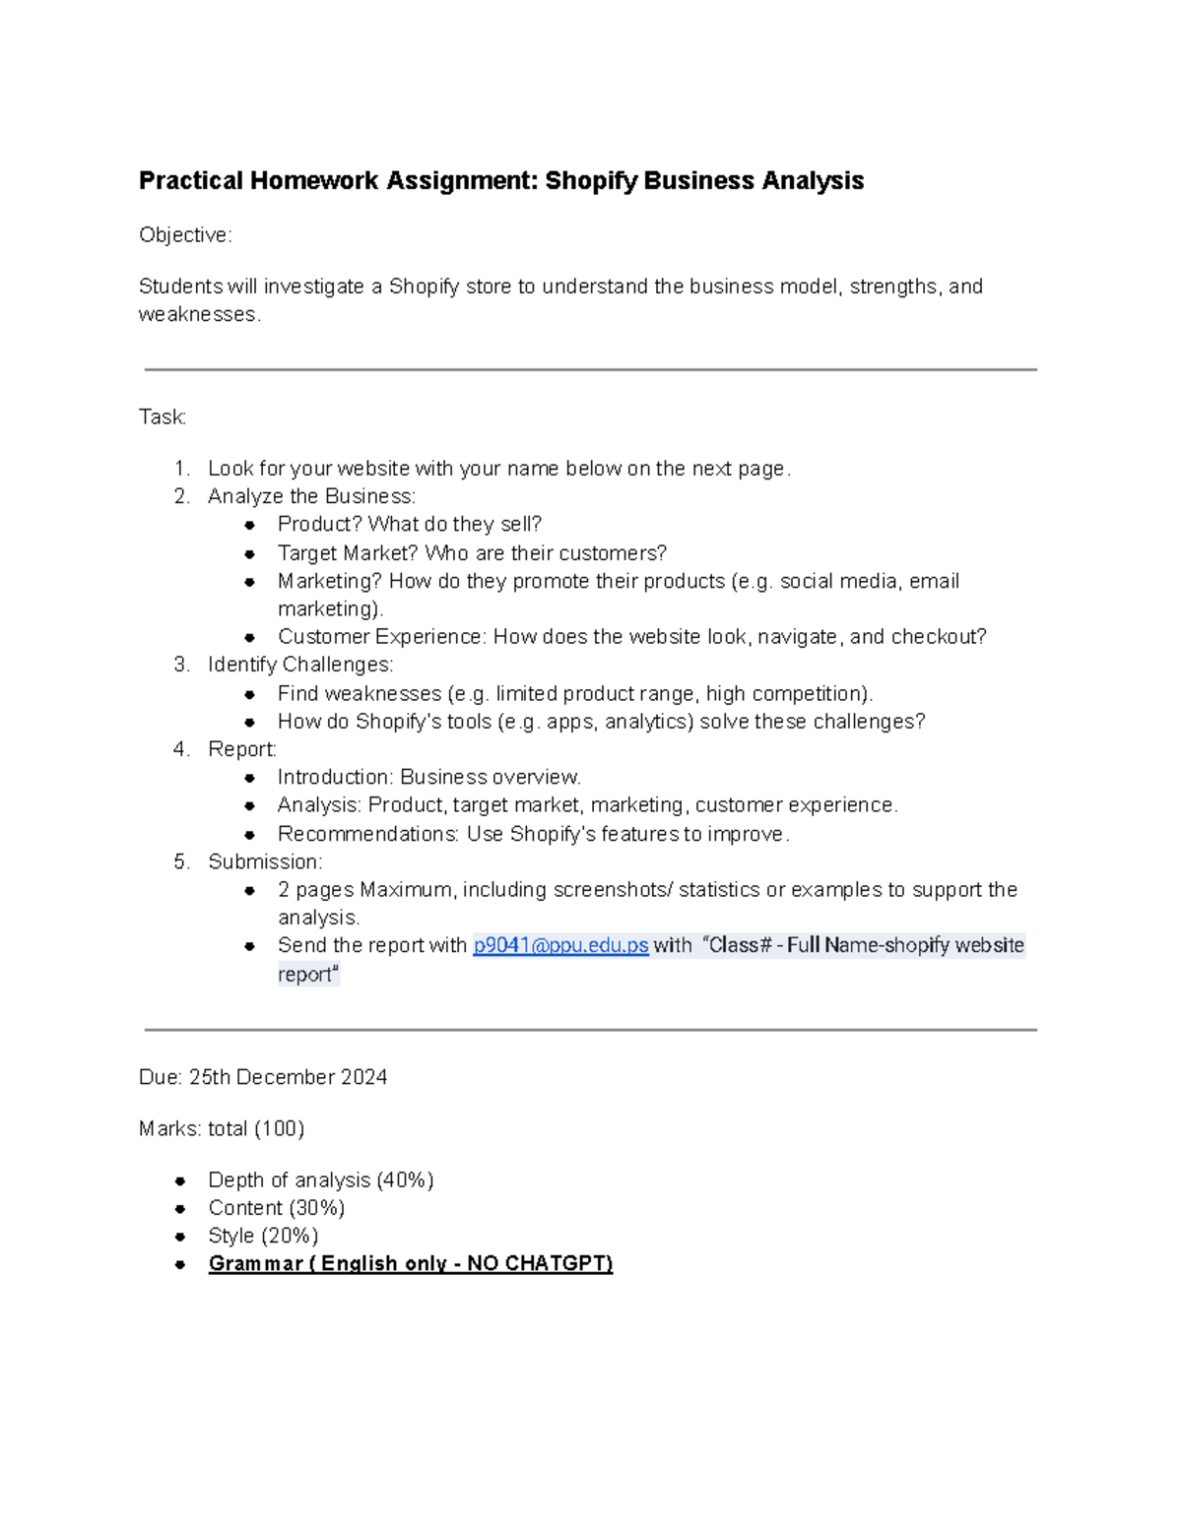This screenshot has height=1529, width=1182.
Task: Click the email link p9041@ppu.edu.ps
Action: point(559,945)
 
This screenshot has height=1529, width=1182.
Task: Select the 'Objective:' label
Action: point(185,235)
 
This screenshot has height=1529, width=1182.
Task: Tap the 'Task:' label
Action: point(163,417)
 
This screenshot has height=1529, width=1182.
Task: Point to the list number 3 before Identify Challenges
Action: point(181,665)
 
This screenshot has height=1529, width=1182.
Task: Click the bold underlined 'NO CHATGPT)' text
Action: point(540,1263)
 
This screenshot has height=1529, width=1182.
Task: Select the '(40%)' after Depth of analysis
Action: point(405,1179)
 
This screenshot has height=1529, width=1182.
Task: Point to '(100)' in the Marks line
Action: point(279,1128)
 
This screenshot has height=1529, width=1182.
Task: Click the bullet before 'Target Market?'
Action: point(250,554)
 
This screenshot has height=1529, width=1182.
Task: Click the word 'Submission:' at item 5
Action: point(265,861)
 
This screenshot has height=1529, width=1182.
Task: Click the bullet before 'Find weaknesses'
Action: point(250,695)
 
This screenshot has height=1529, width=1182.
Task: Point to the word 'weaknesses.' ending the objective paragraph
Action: point(200,314)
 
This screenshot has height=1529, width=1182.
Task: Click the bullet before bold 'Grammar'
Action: point(180,1264)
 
